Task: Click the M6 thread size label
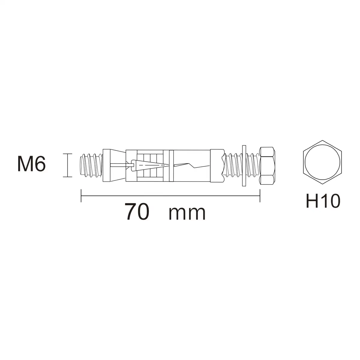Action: [x=31, y=164]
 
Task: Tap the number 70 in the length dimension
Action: [x=137, y=212]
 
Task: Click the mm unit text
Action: [x=187, y=214]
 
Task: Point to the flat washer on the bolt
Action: [x=244, y=166]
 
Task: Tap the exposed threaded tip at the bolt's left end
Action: [x=91, y=165]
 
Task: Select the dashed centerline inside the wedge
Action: [x=152, y=165]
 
